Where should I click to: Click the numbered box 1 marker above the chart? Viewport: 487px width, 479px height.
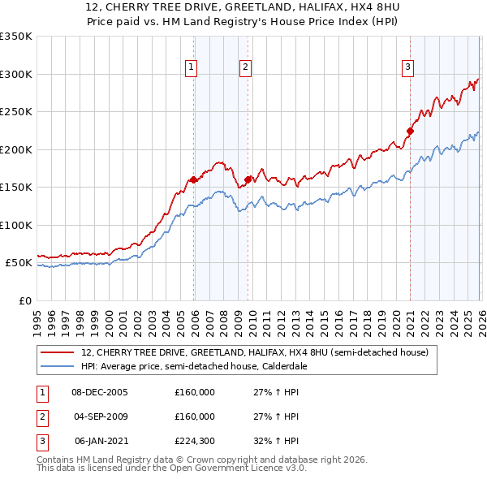coord(192,67)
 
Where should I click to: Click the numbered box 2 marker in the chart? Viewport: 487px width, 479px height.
coord(245,67)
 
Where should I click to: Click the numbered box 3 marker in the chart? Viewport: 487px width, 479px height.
coord(407,67)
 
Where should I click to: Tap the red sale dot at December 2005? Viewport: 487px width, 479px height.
coord(193,180)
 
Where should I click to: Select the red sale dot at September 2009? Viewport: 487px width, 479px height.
coord(248,180)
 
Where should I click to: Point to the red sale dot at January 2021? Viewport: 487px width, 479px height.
coord(410,132)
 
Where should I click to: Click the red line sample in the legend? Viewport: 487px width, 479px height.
coord(58,352)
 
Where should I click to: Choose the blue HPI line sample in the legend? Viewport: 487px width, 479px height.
coord(58,366)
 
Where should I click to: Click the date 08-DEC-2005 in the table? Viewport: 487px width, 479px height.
coord(100,392)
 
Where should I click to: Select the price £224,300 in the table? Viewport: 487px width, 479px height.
coord(195,441)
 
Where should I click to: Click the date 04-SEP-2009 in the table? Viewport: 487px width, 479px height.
coord(100,416)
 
